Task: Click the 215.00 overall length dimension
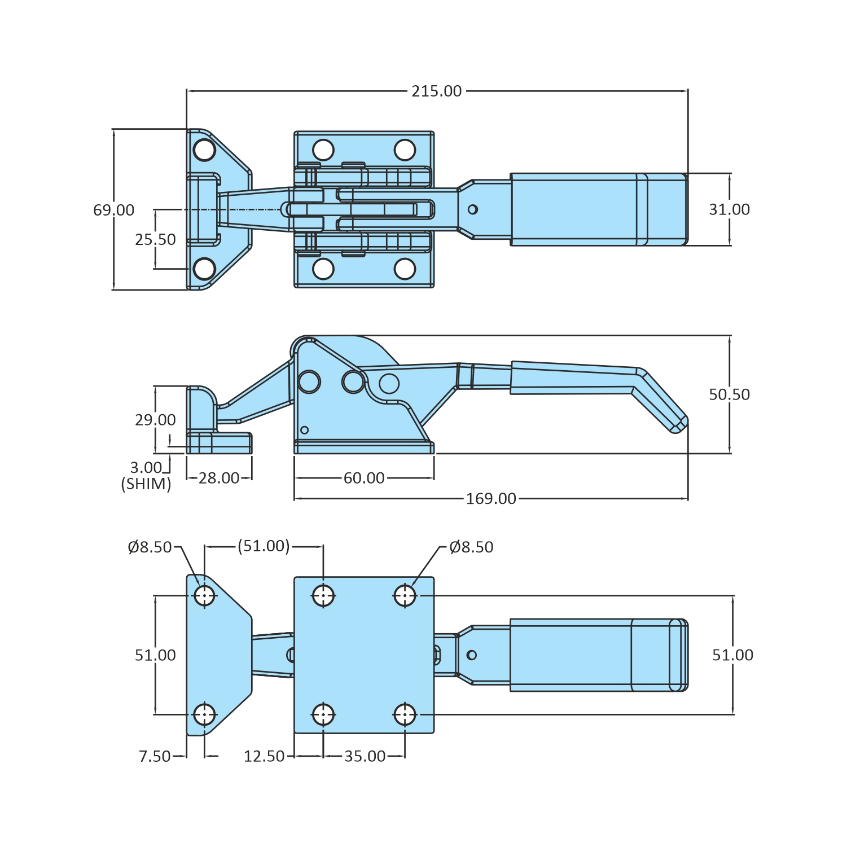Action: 436,91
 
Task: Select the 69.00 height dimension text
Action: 113,210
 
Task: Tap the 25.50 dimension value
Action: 155,239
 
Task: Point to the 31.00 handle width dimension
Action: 729,209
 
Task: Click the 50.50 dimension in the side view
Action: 729,394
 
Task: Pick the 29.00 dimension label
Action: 155,420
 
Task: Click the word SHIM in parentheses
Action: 146,484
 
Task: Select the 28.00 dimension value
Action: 219,478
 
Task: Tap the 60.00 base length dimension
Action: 364,478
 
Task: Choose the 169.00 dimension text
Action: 490,499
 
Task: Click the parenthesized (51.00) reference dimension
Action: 264,546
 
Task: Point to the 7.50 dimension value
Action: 155,756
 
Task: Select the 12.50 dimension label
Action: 264,756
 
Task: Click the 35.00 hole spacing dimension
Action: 365,756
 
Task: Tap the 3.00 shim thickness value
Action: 146,468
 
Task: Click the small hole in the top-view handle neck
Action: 473,209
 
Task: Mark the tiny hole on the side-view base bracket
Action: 305,430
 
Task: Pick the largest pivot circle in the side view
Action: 309,381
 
